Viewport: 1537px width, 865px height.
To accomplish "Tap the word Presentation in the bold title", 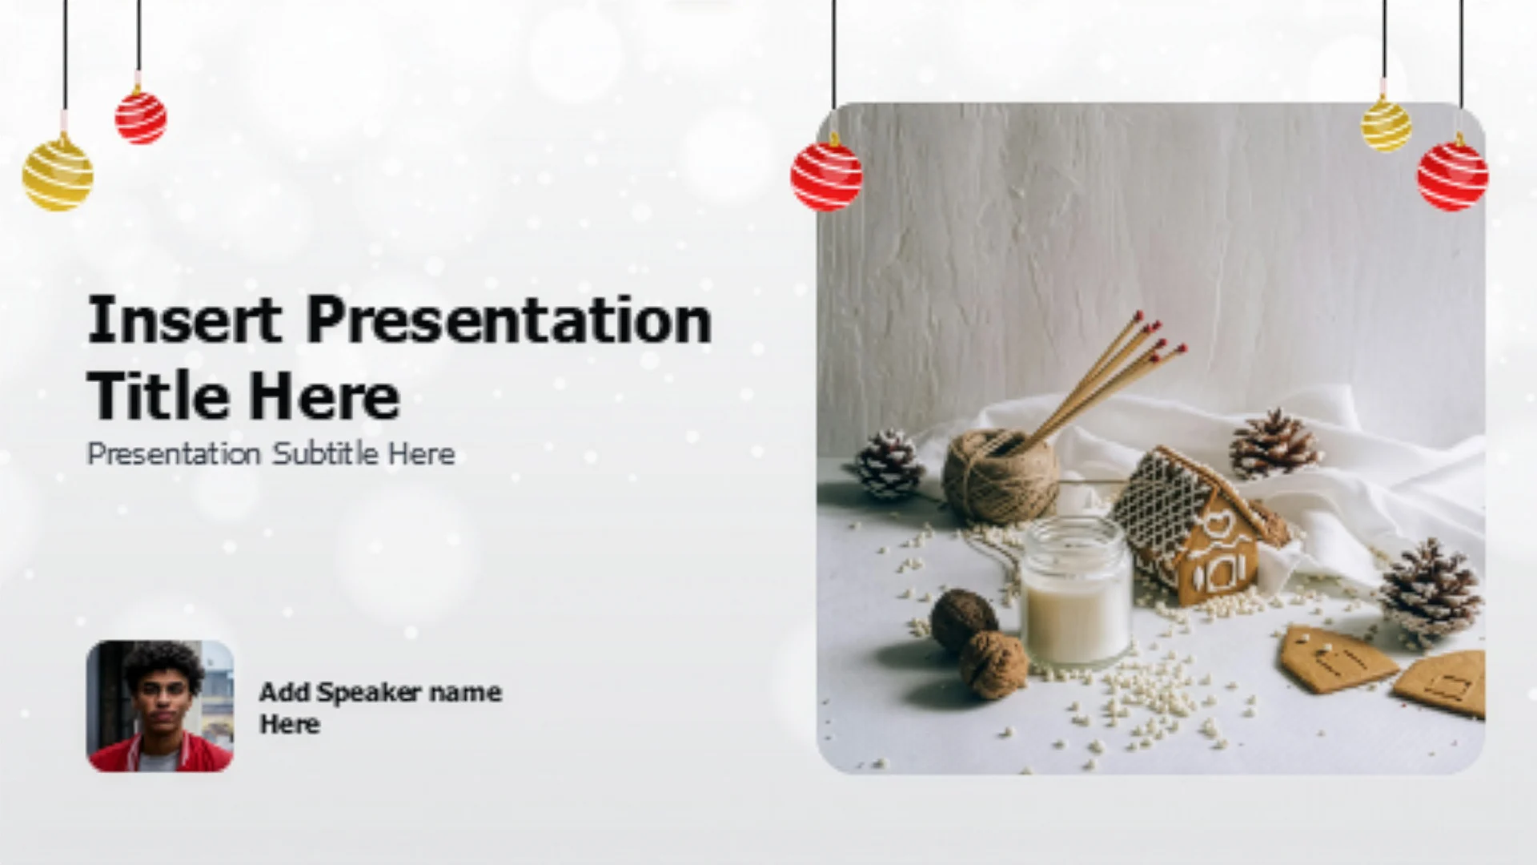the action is pyautogui.click(x=509, y=320).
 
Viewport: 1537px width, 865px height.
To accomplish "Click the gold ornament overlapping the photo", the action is pyautogui.click(x=1387, y=123).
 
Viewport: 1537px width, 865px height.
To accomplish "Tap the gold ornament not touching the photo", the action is pyautogui.click(x=58, y=173).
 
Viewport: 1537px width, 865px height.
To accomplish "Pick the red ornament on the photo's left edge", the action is pyautogui.click(x=827, y=176).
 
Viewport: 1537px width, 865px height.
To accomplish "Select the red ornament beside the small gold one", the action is pyautogui.click(x=1453, y=176).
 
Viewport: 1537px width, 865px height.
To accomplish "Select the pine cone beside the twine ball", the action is pyautogui.click(x=890, y=465).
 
